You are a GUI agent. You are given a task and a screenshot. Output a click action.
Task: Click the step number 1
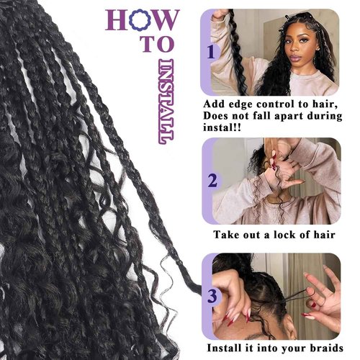[211, 53]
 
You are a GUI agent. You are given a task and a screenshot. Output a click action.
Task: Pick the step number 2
[212, 180]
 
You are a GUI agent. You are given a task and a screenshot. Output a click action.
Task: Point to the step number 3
[212, 295]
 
